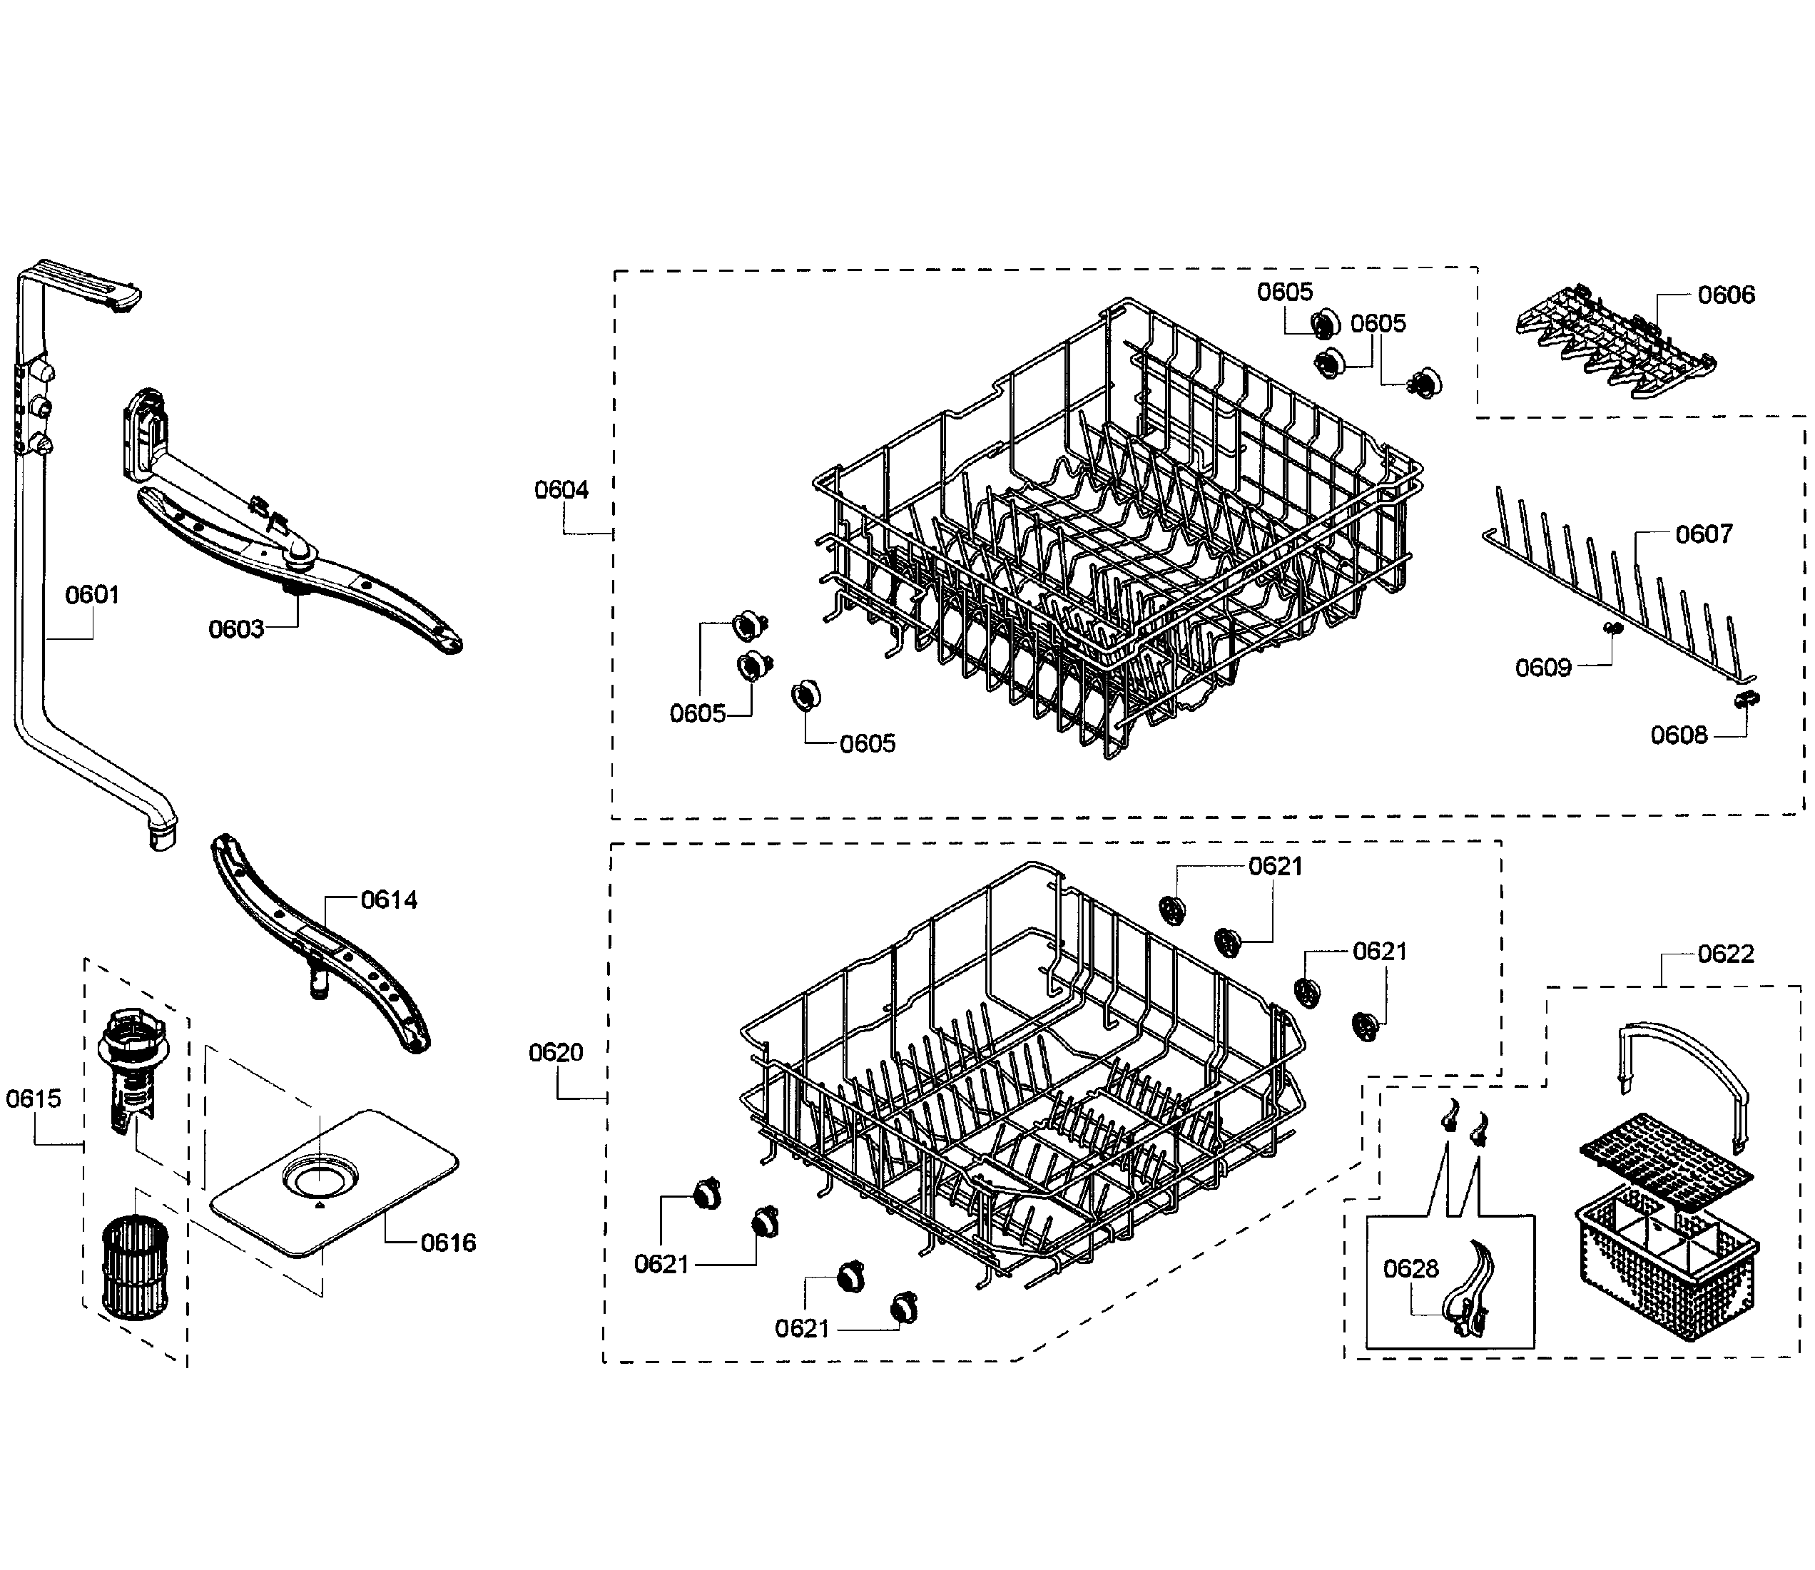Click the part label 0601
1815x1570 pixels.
[92, 595]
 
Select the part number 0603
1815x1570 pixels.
[235, 629]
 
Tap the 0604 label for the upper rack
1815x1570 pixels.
[561, 490]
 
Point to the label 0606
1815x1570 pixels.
[1726, 295]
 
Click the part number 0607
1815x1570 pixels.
[1703, 534]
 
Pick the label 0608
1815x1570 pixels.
[1678, 735]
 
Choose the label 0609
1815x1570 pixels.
[1542, 668]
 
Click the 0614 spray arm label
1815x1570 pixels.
[389, 899]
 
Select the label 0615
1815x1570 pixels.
[34, 1099]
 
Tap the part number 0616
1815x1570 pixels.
[448, 1243]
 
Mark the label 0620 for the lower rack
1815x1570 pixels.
[556, 1052]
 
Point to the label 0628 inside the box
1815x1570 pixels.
[1410, 1268]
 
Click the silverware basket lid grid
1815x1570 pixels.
[1665, 1158]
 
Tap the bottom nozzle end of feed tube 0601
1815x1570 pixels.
[162, 837]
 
